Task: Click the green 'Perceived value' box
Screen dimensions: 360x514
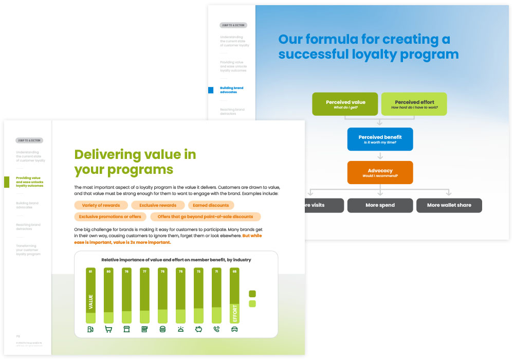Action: pyautogui.click(x=345, y=104)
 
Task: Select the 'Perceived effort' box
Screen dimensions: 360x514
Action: pyautogui.click(x=414, y=104)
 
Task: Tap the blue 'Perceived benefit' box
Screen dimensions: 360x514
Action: pyautogui.click(x=380, y=139)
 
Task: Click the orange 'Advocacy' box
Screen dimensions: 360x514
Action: pyautogui.click(x=380, y=173)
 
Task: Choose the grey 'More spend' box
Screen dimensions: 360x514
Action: pyautogui.click(x=380, y=205)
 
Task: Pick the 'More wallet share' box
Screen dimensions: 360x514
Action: pyautogui.click(x=449, y=205)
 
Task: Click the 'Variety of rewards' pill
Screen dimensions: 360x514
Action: pyautogui.click(x=101, y=205)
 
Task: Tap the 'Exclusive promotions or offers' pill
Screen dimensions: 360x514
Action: pyautogui.click(x=110, y=217)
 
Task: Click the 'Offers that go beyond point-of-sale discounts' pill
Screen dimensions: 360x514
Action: pyautogui.click(x=205, y=217)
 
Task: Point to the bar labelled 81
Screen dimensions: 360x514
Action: pyautogui.click(x=90, y=295)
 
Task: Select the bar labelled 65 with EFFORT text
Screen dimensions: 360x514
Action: pyautogui.click(x=234, y=295)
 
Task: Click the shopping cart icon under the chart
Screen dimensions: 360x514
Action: pyautogui.click(x=108, y=329)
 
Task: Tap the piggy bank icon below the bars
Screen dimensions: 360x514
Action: pyautogui.click(x=198, y=329)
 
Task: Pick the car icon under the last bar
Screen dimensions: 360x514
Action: pyautogui.click(x=234, y=329)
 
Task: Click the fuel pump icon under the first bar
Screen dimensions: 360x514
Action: pyautogui.click(x=90, y=329)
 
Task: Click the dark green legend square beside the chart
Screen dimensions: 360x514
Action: pyautogui.click(x=252, y=294)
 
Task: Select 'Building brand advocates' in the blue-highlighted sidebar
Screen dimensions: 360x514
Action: pyautogui.click(x=231, y=90)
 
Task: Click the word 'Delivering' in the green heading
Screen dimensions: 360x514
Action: pyautogui.click(x=107, y=154)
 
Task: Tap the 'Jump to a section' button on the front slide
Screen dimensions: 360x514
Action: pyautogui.click(x=29, y=140)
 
